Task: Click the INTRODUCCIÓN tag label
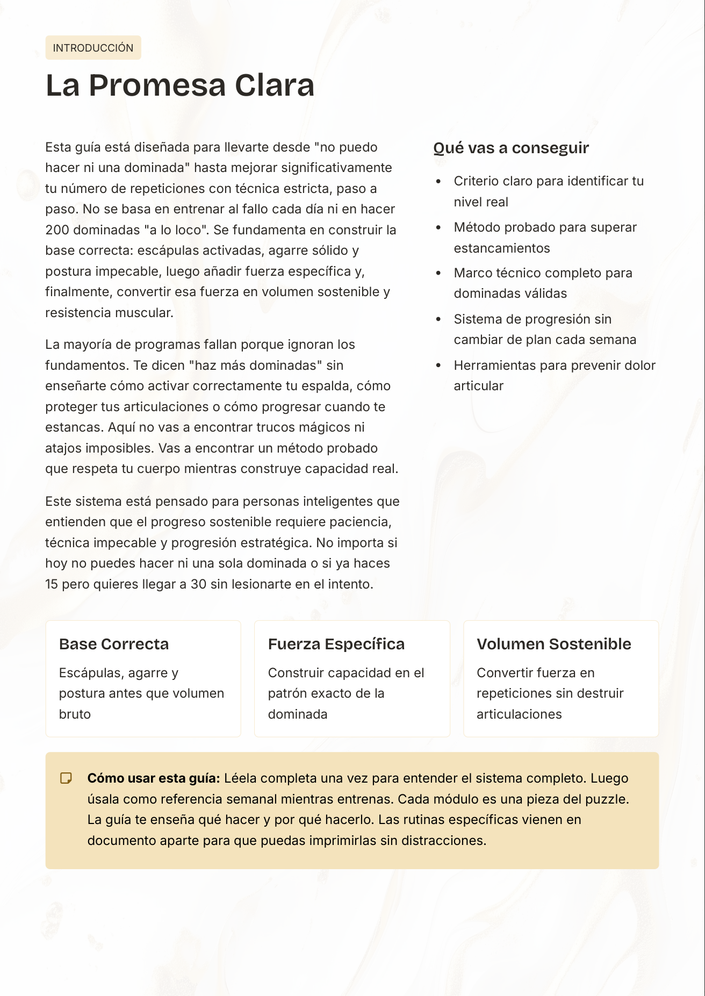(93, 48)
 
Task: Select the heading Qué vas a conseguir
(510, 148)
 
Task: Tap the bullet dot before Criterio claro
(438, 182)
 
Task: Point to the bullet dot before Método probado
(438, 228)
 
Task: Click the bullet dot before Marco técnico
(438, 273)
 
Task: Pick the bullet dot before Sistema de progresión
(438, 319)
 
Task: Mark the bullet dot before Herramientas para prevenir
(438, 366)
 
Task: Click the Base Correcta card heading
(114, 644)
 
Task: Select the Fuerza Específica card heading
(336, 644)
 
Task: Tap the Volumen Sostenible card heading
(553, 644)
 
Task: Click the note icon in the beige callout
(66, 778)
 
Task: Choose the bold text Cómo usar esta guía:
(154, 778)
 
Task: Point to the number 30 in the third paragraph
(198, 584)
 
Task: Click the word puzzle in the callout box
(607, 799)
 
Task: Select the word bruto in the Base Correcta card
(75, 714)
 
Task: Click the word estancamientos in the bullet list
(502, 248)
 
